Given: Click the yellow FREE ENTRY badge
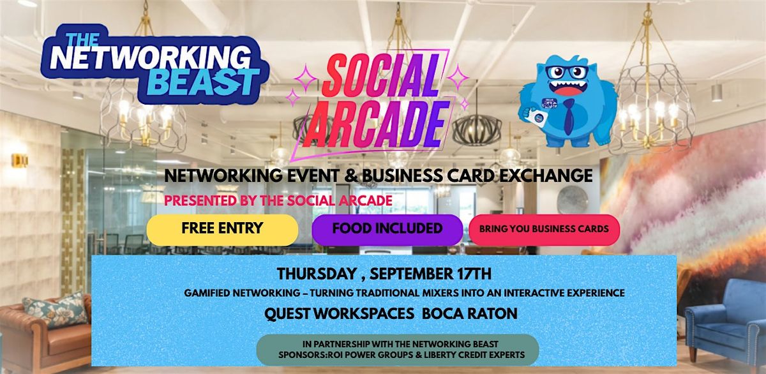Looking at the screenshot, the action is (x=222, y=230).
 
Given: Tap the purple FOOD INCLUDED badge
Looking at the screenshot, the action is (x=387, y=230).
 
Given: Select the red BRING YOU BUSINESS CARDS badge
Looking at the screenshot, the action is (x=544, y=230).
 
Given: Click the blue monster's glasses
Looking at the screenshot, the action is (x=567, y=72).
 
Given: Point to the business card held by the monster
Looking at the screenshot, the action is (x=537, y=117).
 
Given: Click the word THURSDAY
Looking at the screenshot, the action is (x=317, y=274).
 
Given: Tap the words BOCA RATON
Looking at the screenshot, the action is (x=470, y=313).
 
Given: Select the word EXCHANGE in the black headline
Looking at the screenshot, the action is (x=546, y=176).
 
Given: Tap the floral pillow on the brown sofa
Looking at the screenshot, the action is (x=56, y=311).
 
